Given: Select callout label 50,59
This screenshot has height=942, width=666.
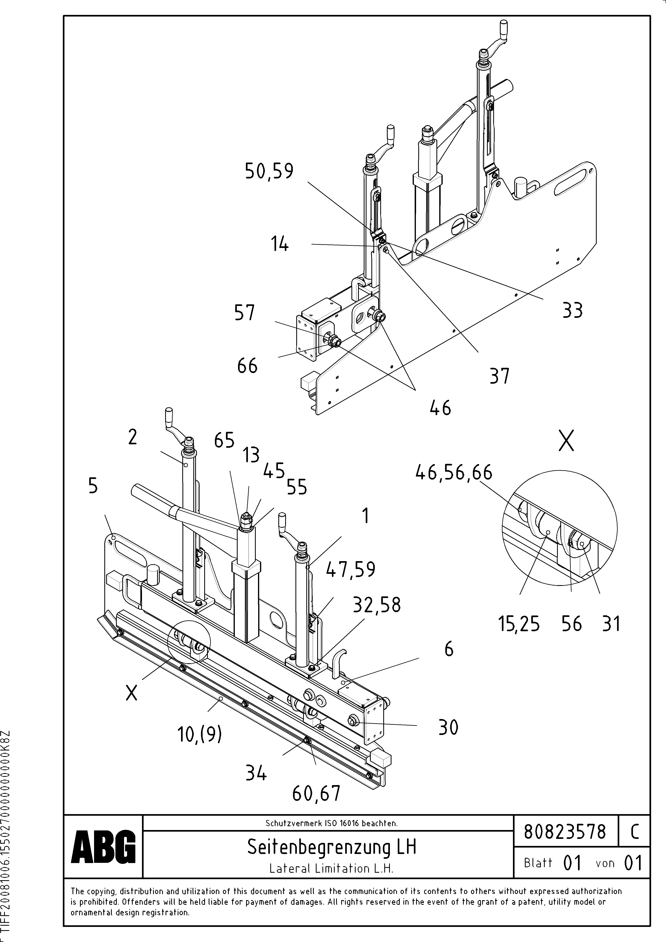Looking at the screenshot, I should click(x=269, y=171).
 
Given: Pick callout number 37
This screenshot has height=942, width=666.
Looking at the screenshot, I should click(x=499, y=376).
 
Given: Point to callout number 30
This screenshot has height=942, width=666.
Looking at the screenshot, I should click(x=448, y=727).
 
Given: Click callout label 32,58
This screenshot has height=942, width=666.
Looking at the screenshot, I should click(x=377, y=605).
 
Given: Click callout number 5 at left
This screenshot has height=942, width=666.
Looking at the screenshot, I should click(x=93, y=486).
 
